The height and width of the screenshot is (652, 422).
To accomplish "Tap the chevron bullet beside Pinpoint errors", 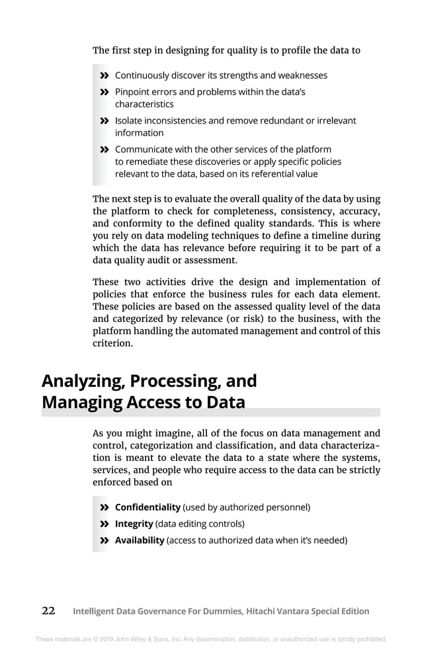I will point(104,92).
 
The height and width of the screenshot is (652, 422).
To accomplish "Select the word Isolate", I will point(130,121).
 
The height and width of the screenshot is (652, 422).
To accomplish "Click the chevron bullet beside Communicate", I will point(104,149).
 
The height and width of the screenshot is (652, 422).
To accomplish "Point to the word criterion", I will point(112,343).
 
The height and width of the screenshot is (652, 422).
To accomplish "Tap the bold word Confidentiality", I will point(148,507).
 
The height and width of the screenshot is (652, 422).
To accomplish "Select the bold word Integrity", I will point(134,524).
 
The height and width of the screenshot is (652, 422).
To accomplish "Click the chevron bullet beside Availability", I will point(104,541).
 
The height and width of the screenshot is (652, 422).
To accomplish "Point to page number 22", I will point(48,611).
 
